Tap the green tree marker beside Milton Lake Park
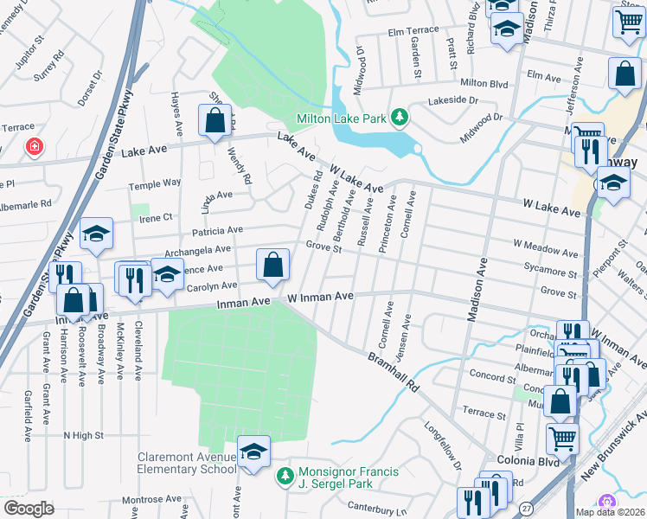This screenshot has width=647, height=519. tap(399, 117)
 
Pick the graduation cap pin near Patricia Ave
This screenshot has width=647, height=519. tap(97, 234)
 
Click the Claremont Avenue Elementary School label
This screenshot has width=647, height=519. tap(186, 463)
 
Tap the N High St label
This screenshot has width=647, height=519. tap(84, 435)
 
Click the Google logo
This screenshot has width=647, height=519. tap(29, 509)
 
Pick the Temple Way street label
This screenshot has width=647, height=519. tap(155, 183)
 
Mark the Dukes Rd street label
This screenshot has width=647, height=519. tap(312, 191)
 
